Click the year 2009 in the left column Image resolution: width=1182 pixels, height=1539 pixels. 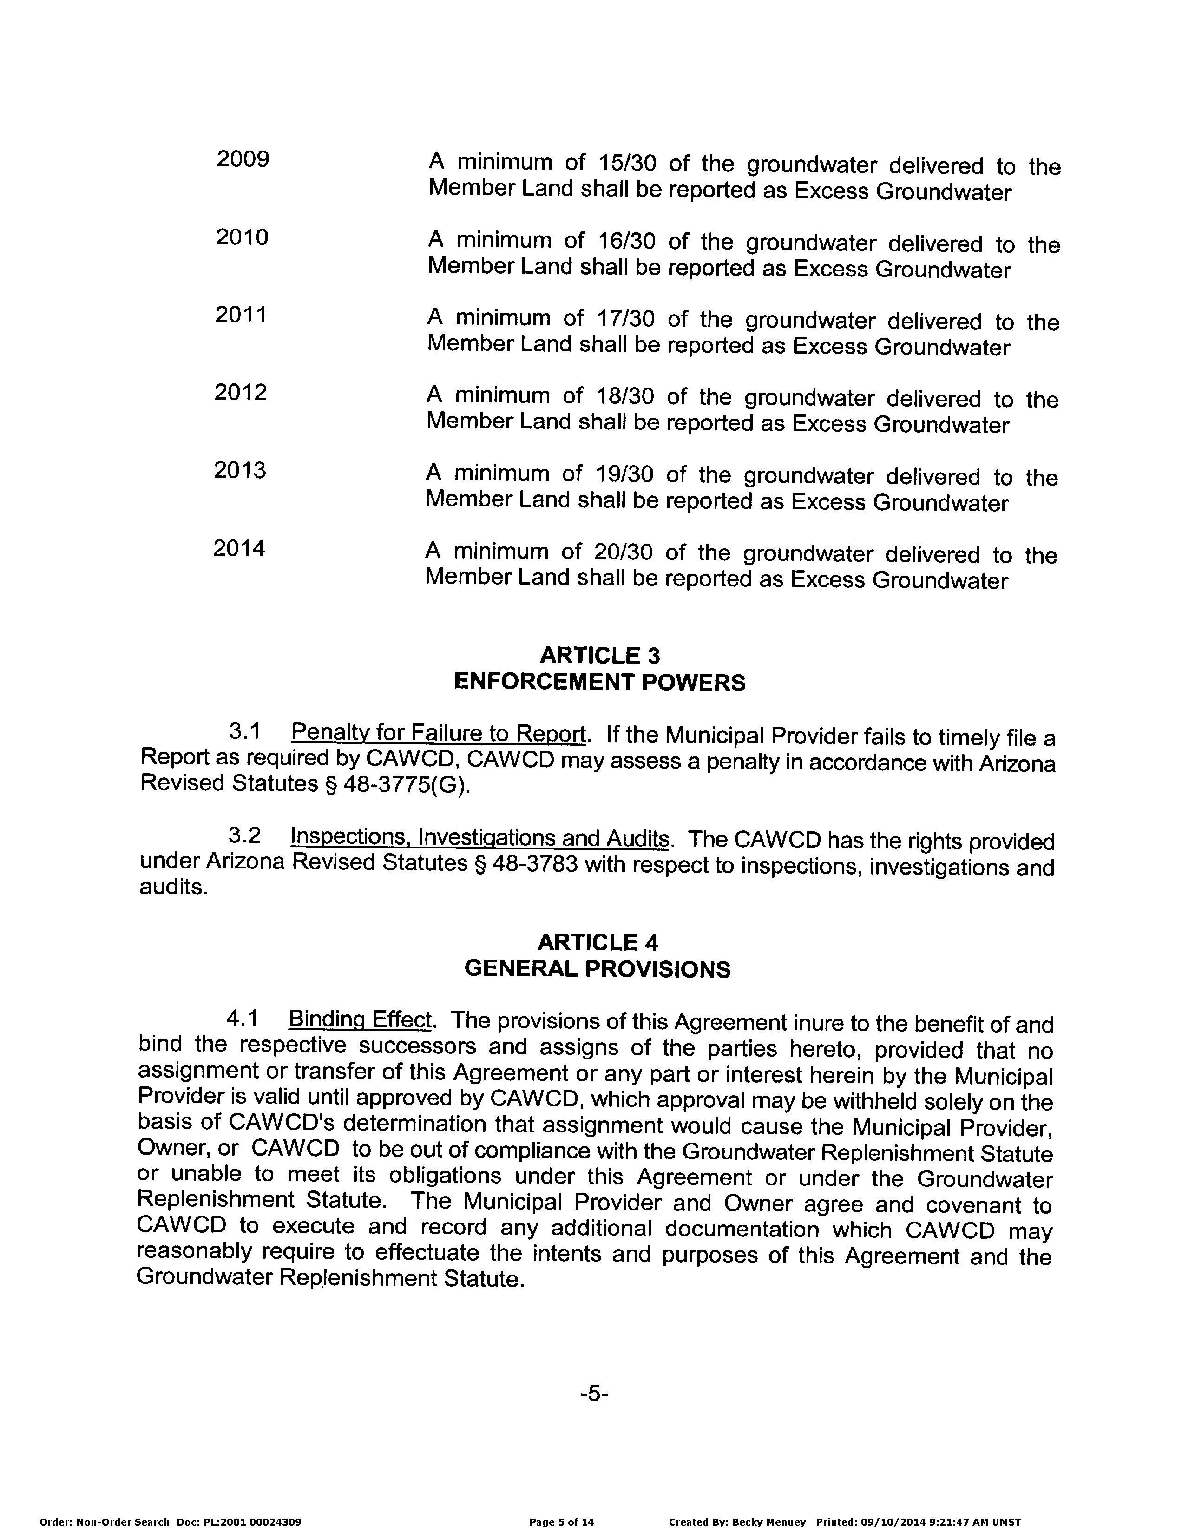click(243, 160)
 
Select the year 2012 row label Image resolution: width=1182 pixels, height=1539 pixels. click(241, 392)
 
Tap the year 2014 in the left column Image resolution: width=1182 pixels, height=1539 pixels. click(239, 548)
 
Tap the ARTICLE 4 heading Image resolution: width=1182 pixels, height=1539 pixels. click(598, 942)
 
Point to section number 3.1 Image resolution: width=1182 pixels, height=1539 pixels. click(245, 732)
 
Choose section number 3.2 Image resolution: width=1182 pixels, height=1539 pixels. click(244, 835)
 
